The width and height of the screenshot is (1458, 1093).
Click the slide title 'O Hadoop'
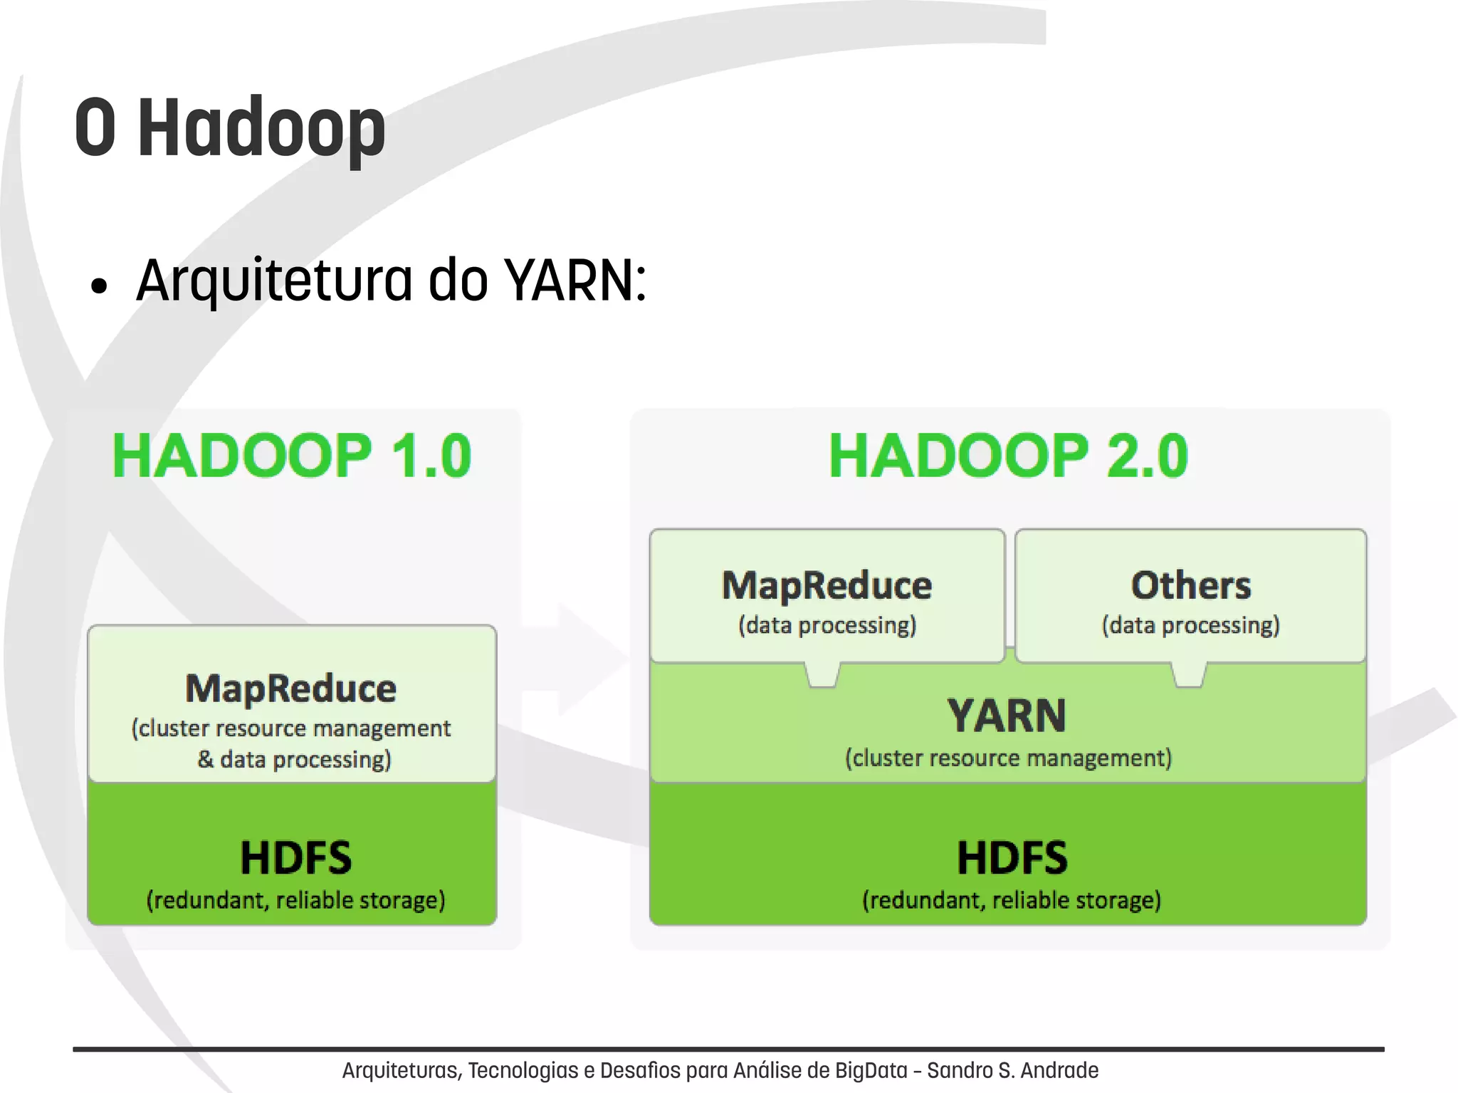pyautogui.click(x=229, y=128)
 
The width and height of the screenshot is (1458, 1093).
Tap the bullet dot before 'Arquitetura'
pyautogui.click(x=99, y=286)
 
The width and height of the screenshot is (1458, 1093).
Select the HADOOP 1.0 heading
pyautogui.click(x=292, y=456)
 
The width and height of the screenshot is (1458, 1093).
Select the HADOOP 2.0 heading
pyautogui.click(x=1008, y=456)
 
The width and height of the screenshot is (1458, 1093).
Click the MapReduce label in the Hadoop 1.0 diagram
pyautogui.click(x=291, y=689)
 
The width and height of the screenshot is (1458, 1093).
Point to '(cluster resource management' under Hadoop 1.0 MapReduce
pyautogui.click(x=291, y=728)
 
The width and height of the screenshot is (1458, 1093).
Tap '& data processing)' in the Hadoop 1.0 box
pyautogui.click(x=294, y=760)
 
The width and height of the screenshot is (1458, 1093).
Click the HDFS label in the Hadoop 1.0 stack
pyautogui.click(x=295, y=857)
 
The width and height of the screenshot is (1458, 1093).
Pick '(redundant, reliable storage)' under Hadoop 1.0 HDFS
pyautogui.click(x=295, y=900)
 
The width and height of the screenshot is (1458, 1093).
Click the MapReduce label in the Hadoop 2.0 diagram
pyautogui.click(x=827, y=585)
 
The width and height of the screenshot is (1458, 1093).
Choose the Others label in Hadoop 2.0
pyautogui.click(x=1190, y=585)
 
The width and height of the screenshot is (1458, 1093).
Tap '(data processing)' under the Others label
pyautogui.click(x=1190, y=625)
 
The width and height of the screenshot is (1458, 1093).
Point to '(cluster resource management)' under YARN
pyautogui.click(x=1008, y=758)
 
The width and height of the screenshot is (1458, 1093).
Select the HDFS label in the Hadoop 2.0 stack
pyautogui.click(x=1012, y=857)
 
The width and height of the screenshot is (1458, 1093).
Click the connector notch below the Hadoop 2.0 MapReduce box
pyautogui.click(x=822, y=674)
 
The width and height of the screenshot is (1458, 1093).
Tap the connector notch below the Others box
pyautogui.click(x=1189, y=674)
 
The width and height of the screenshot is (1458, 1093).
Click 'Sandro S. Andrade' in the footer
pyautogui.click(x=1012, y=1070)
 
